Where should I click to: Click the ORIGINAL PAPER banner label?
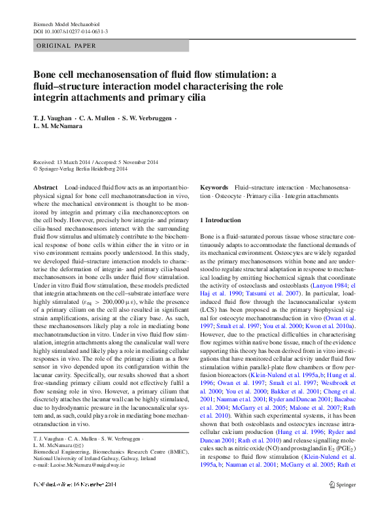click(x=65, y=46)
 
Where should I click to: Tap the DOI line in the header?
click(x=70, y=31)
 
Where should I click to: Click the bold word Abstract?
click(x=45, y=188)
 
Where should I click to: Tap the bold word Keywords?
click(x=214, y=188)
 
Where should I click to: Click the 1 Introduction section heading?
click(x=221, y=220)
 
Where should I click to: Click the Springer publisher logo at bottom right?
click(x=342, y=503)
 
